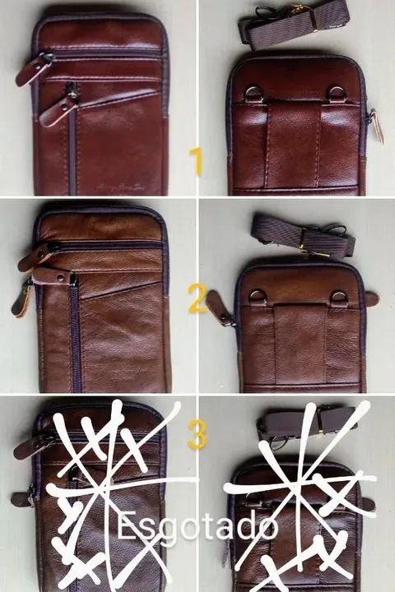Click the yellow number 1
[x=196, y=161]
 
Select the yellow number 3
[x=196, y=434]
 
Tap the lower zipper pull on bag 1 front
[x=58, y=108]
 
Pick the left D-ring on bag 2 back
[x=257, y=295]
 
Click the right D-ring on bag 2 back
[x=339, y=295]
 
